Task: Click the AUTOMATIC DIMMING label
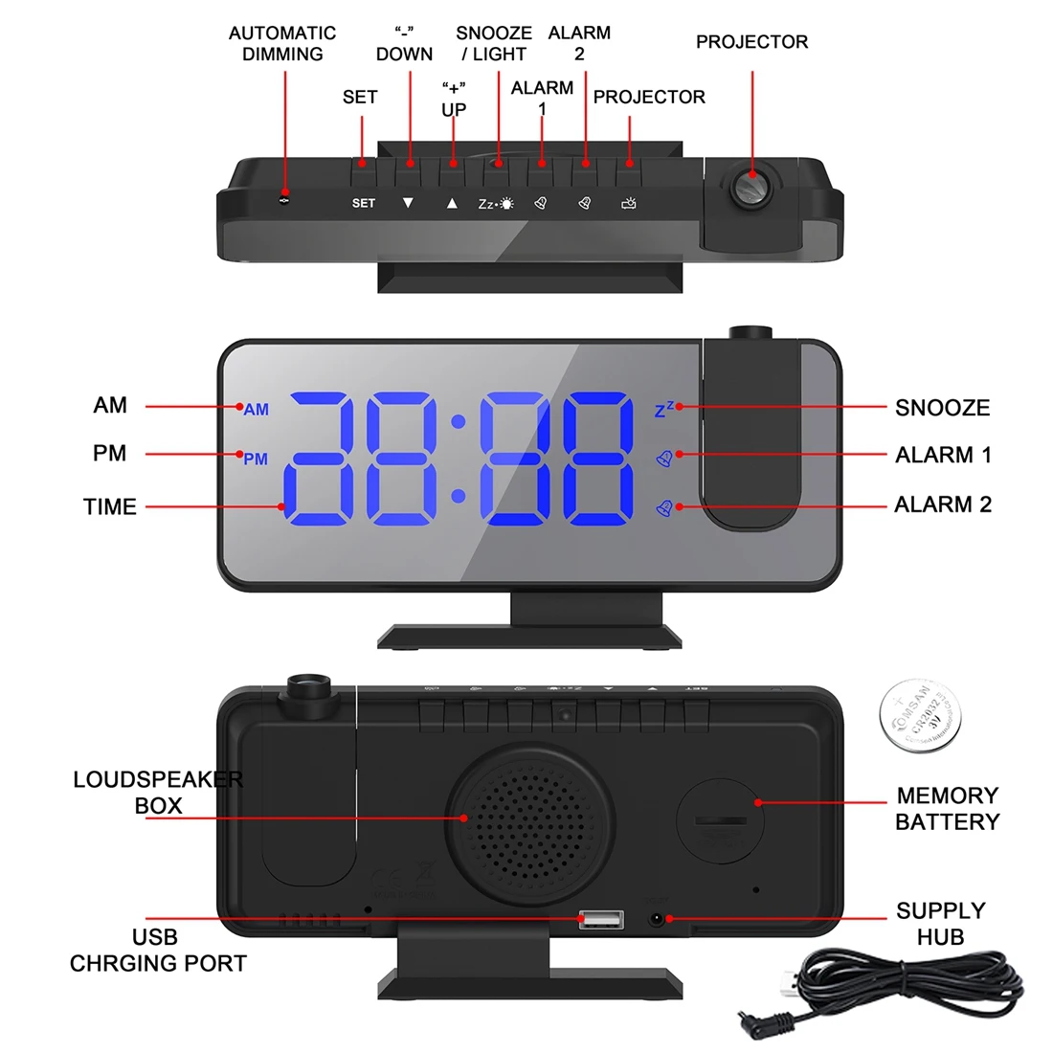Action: tap(282, 44)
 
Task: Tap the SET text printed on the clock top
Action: tap(364, 203)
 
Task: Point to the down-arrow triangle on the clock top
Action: tap(408, 203)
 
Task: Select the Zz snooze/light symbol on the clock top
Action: tap(496, 204)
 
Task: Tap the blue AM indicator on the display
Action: tap(256, 410)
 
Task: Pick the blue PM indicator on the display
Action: tap(256, 459)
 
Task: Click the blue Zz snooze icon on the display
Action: tap(663, 410)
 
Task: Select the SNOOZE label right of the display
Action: tap(942, 408)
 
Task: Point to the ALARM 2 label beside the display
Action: tap(943, 504)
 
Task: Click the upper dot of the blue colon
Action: tap(459, 421)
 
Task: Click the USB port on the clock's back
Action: tap(601, 920)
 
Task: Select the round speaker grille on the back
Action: tap(529, 819)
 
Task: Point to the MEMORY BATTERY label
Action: tap(947, 809)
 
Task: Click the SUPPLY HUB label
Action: tap(940, 924)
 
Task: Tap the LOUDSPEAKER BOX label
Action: tap(158, 793)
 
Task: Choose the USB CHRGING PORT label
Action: tap(158, 951)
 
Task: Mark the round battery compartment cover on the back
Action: tap(721, 818)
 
